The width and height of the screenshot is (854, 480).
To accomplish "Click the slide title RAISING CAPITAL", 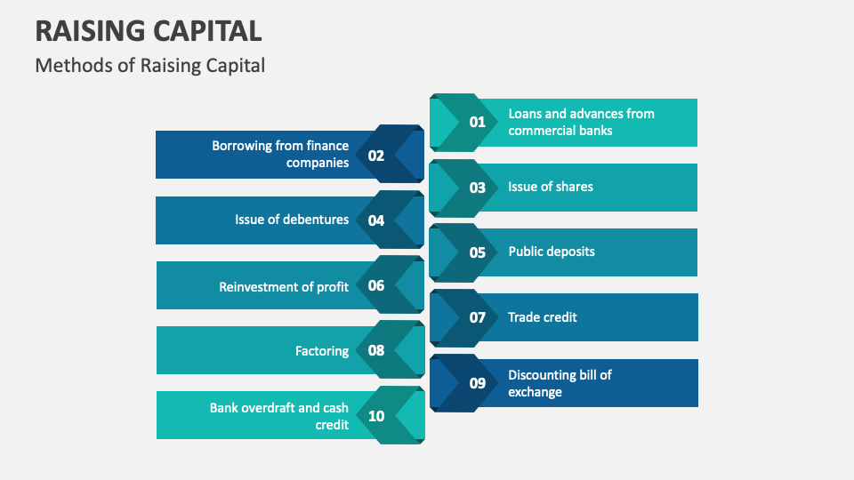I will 149,30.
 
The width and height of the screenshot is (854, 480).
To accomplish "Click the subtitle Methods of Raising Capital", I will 149,65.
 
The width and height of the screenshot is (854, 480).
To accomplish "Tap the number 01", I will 478,122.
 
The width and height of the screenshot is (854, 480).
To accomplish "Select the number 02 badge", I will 376,155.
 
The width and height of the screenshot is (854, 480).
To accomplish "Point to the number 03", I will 478,188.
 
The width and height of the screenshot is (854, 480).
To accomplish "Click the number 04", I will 376,220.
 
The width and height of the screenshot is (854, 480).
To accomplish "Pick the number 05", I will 478,252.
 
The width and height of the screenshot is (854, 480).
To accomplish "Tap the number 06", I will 376,285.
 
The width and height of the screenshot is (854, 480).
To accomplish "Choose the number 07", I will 478,317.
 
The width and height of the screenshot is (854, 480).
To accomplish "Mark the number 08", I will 376,350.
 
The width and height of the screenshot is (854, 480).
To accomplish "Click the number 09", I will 478,383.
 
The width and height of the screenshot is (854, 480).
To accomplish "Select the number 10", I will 376,415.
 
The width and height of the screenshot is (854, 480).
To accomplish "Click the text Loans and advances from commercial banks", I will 581,122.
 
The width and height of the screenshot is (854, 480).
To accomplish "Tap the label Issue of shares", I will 550,187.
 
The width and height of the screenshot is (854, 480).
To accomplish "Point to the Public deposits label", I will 552,252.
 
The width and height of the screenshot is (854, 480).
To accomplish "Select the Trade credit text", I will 543,316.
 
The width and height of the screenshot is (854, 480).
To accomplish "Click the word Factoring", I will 322,351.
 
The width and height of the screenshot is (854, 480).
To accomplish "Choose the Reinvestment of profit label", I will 284,286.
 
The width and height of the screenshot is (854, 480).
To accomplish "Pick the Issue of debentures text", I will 292,220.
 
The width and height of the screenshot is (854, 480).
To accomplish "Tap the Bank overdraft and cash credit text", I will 279,416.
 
